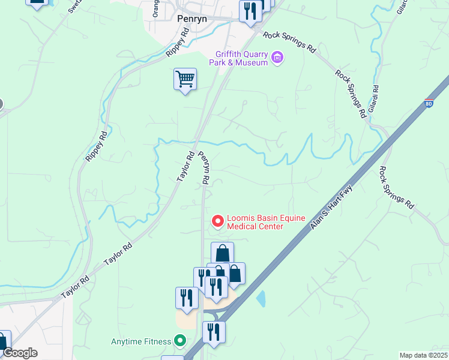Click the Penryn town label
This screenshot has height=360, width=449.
(192, 19)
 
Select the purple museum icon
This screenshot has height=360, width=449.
(277, 57)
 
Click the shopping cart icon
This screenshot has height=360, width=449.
(185, 79)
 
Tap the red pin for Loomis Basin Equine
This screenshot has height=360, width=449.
(217, 221)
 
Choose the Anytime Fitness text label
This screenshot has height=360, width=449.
(141, 342)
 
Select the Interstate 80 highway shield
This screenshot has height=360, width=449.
(429, 103)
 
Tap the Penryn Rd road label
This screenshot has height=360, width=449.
(205, 167)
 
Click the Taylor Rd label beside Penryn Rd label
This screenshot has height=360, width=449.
(185, 166)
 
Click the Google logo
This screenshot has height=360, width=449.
(19, 353)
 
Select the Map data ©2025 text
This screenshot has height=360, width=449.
(424, 355)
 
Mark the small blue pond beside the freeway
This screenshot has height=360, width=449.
(261, 298)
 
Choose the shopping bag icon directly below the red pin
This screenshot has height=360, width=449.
(222, 253)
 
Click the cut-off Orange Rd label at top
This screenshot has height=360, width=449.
(155, 8)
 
